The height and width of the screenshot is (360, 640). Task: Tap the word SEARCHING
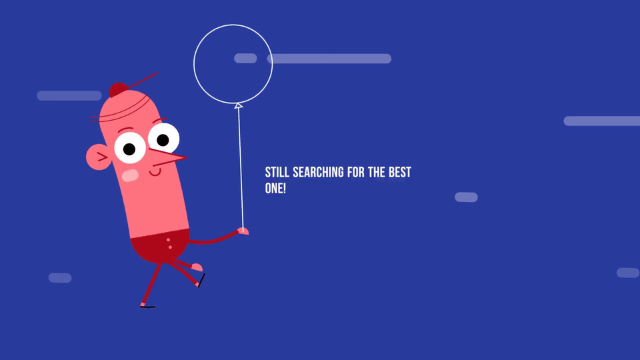[x=319, y=172]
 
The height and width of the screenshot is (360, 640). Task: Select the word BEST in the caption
[x=399, y=172]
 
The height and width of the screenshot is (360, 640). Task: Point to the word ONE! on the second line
[x=275, y=188]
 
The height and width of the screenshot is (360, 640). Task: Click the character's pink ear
[x=97, y=157]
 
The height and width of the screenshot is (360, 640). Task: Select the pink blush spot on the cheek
[x=130, y=175]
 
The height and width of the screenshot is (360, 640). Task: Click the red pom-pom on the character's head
[x=119, y=89]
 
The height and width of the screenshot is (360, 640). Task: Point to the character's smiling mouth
[x=155, y=173]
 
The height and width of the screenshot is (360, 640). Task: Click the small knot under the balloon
[x=239, y=106]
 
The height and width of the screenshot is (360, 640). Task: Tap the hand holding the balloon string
[x=243, y=231]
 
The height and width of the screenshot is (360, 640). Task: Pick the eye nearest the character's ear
[x=130, y=148]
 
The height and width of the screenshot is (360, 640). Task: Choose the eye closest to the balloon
[x=163, y=138]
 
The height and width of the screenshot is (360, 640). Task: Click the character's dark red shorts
[x=160, y=245]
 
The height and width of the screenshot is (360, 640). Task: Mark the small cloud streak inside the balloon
[x=246, y=59]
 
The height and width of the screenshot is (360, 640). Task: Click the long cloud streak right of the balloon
[x=329, y=59]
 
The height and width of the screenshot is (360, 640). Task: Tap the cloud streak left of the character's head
[x=69, y=95]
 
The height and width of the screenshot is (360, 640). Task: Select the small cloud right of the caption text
[x=466, y=197]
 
